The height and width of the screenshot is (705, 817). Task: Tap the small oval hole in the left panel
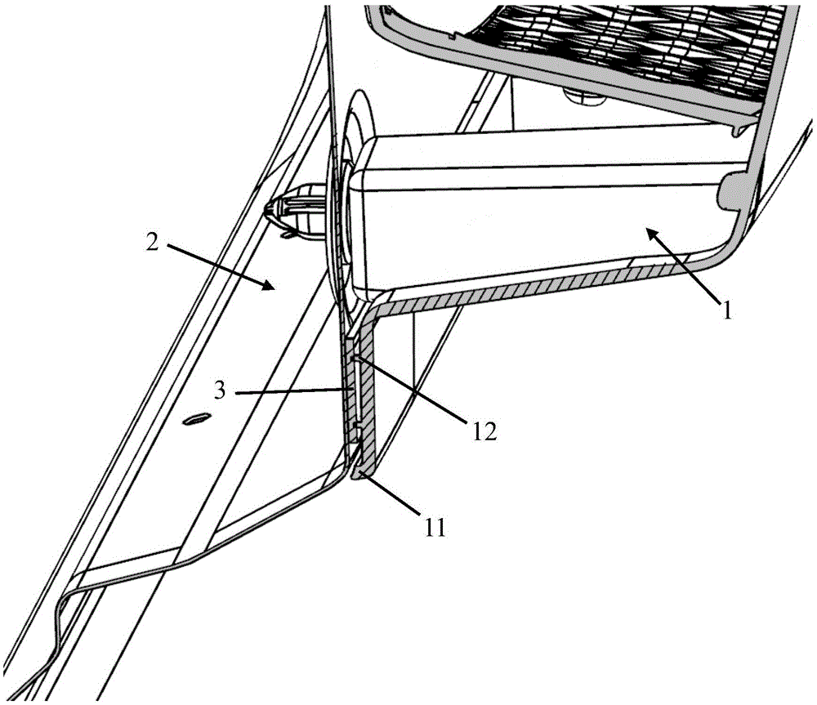(x=195, y=419)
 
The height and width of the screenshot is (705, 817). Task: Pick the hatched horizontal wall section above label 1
(x=531, y=292)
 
